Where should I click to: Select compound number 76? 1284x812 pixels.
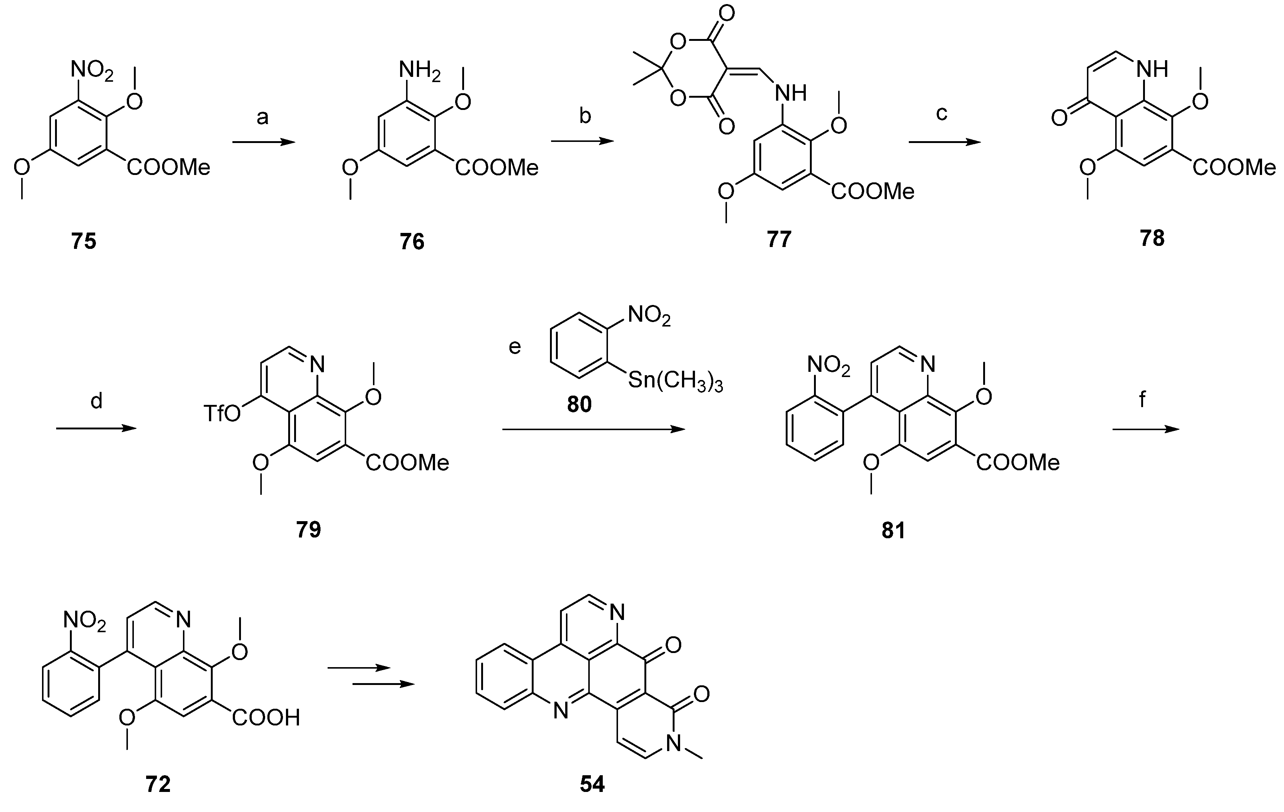[412, 242]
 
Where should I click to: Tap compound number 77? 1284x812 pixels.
[779, 239]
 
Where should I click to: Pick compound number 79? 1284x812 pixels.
[309, 530]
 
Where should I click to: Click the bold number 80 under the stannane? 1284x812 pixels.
[579, 405]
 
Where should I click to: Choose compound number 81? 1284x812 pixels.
[893, 531]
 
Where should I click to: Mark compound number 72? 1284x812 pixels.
[158, 784]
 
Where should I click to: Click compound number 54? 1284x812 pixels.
[592, 784]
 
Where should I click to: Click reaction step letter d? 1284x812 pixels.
[96, 401]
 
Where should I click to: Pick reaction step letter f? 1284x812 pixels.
[1142, 399]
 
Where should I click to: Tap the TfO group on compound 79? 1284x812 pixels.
[222, 413]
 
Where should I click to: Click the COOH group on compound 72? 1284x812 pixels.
[266, 718]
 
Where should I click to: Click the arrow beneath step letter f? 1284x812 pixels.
[1145, 429]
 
